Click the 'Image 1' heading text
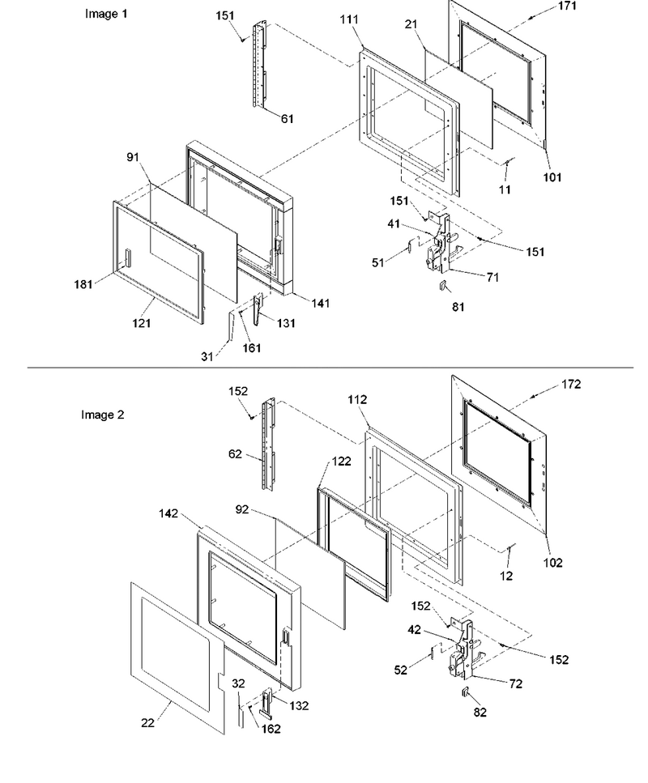tap(106, 14)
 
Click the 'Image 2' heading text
tap(102, 415)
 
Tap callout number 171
tap(566, 6)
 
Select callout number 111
tap(349, 19)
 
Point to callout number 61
tap(287, 119)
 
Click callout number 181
tap(83, 284)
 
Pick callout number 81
tap(458, 307)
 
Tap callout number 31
tap(207, 356)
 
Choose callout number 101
tap(552, 177)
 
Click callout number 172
tap(571, 384)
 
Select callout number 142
tap(168, 513)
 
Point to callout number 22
tap(148, 722)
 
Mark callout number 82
tap(480, 712)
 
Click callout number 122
tap(341, 461)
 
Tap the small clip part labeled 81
tap(441, 286)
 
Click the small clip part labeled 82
tap(465, 692)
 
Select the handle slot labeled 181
tap(127, 258)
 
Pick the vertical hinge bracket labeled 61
tap(260, 65)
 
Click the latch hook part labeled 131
tap(258, 309)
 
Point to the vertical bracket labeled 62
tap(269, 443)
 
